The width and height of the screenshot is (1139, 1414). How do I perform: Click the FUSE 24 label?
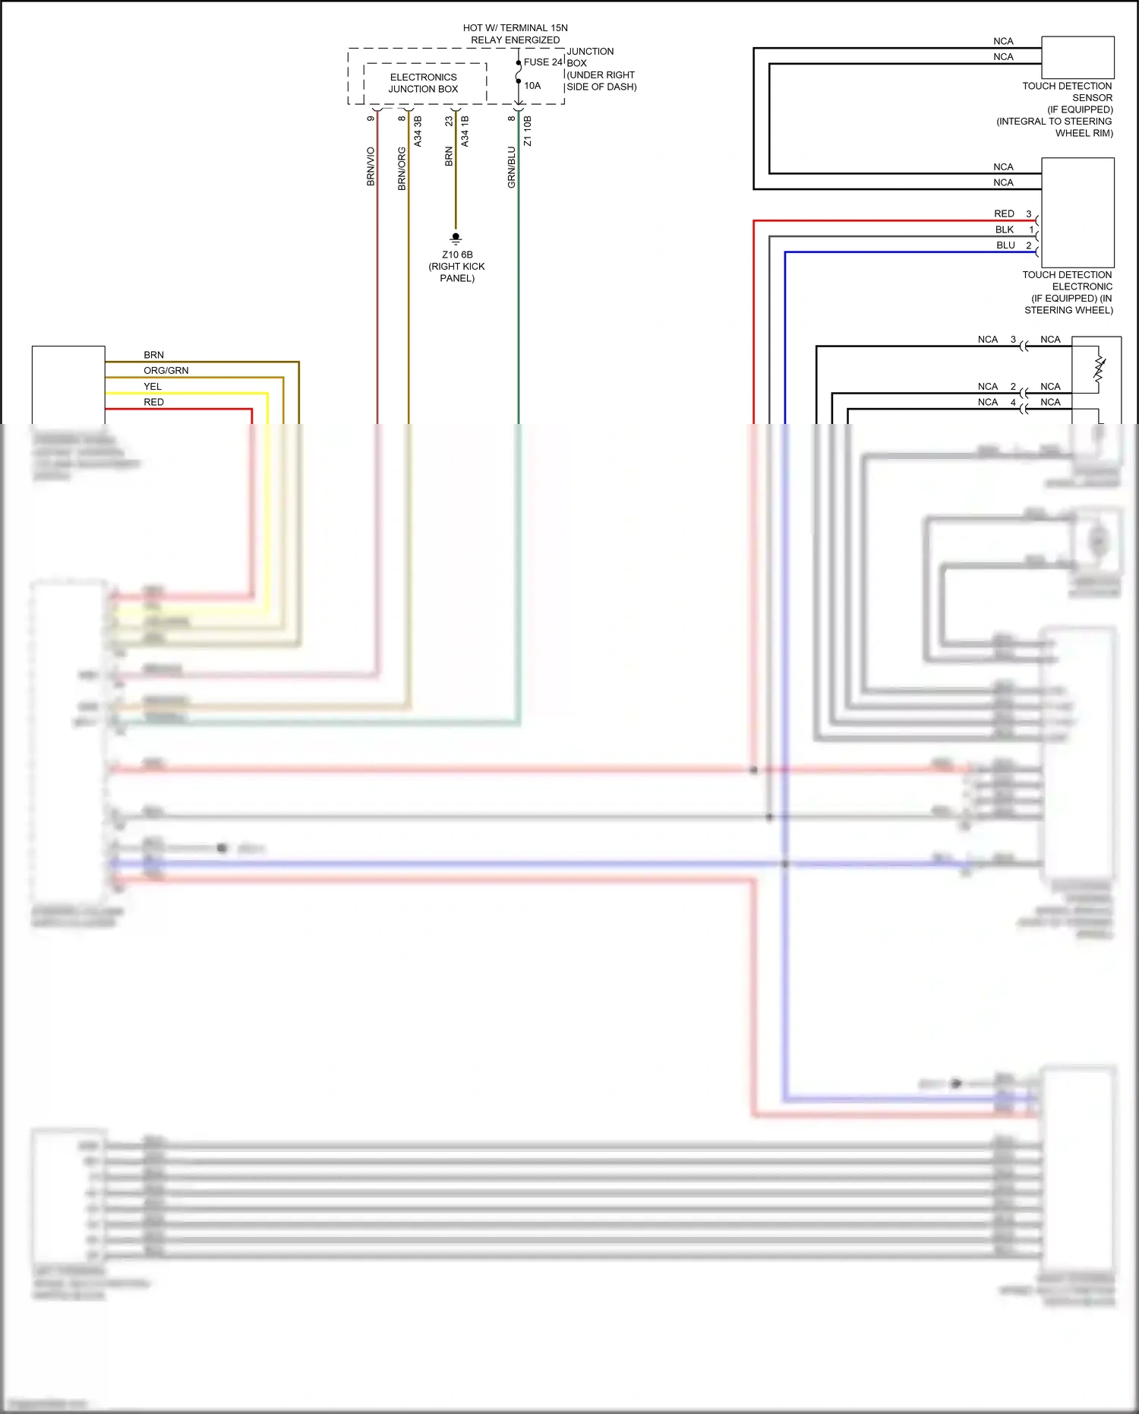pos(543,62)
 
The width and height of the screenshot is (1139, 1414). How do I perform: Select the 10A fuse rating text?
pos(532,86)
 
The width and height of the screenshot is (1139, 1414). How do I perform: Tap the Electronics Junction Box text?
pos(424,83)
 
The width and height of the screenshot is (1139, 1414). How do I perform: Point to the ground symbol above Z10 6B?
pos(456,238)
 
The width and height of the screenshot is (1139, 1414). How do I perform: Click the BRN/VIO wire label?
pos(371,166)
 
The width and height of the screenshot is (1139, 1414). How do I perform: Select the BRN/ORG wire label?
pos(402,169)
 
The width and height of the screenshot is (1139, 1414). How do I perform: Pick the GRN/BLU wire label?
pos(512,167)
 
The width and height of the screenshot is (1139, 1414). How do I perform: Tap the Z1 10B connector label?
pos(528,131)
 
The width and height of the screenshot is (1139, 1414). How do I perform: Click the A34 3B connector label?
pos(418,131)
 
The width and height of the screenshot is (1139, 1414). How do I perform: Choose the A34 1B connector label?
pos(465,131)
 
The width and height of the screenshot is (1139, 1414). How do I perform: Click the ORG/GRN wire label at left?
pos(166,371)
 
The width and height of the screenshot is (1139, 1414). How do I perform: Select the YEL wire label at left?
pos(153,387)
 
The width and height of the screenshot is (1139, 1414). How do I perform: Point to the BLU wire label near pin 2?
pos(1005,245)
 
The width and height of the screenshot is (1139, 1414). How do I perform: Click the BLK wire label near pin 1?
pos(1005,229)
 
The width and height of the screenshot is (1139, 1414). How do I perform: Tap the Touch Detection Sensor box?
pos(1077,58)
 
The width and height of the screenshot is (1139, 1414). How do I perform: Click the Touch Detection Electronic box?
pos(1077,212)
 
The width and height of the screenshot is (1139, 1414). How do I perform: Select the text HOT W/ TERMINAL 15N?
pos(516,28)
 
